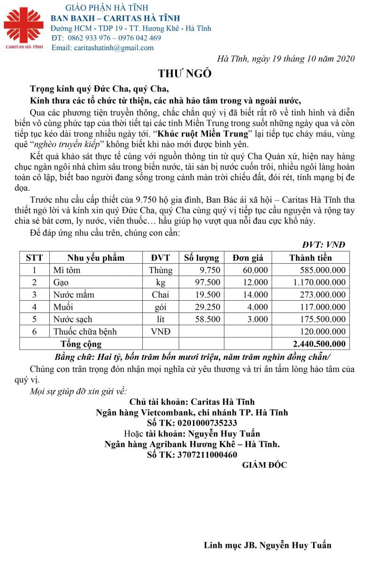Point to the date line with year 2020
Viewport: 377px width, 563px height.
click(286, 59)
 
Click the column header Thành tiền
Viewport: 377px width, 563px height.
click(310, 258)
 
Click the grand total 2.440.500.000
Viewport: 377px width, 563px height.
click(319, 344)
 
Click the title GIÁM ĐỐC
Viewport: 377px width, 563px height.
click(264, 465)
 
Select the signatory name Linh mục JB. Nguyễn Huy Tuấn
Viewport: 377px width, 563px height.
click(268, 545)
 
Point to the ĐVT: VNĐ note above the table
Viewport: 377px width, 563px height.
click(324, 244)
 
